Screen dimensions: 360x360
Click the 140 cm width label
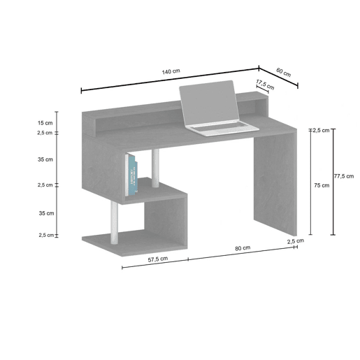(171, 71)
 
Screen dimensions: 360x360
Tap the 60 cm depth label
(284, 72)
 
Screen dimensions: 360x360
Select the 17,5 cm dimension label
(265, 85)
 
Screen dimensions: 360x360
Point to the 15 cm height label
(45, 123)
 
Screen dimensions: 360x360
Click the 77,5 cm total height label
(344, 176)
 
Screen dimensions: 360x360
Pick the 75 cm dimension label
(322, 185)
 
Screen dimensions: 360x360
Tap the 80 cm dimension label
(243, 248)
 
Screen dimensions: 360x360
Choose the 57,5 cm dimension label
(158, 259)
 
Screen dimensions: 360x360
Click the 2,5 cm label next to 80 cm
(296, 241)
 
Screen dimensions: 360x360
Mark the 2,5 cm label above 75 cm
(321, 130)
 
